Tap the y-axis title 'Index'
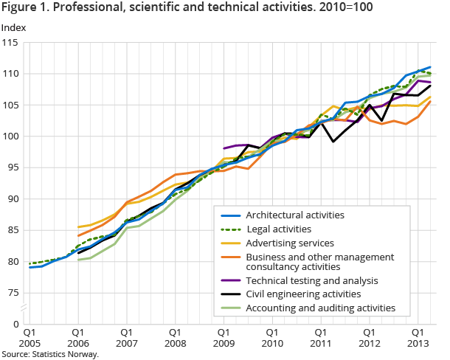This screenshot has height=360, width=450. tap(13, 27)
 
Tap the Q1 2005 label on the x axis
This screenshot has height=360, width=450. tap(30, 337)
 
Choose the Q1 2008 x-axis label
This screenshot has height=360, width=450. tap(174, 337)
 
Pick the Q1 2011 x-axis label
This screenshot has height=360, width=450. tap(319, 337)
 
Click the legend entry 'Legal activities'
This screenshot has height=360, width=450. tap(278, 229)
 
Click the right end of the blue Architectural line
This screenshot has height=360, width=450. tap(431, 67)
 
